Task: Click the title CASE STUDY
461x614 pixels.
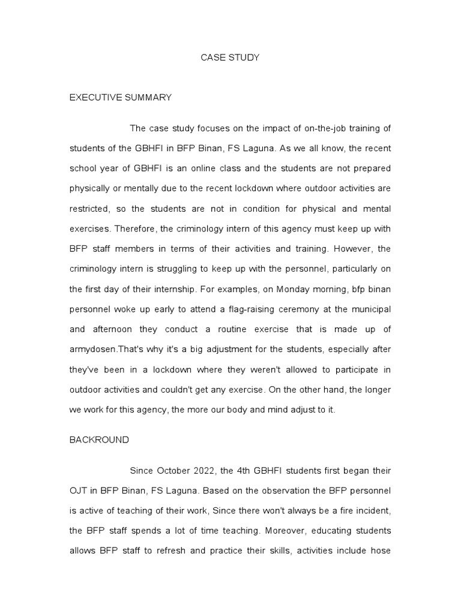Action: [230, 58]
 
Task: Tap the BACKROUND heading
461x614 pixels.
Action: [99, 440]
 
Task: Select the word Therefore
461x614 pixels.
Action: [136, 228]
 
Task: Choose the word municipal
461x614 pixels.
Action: [368, 309]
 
